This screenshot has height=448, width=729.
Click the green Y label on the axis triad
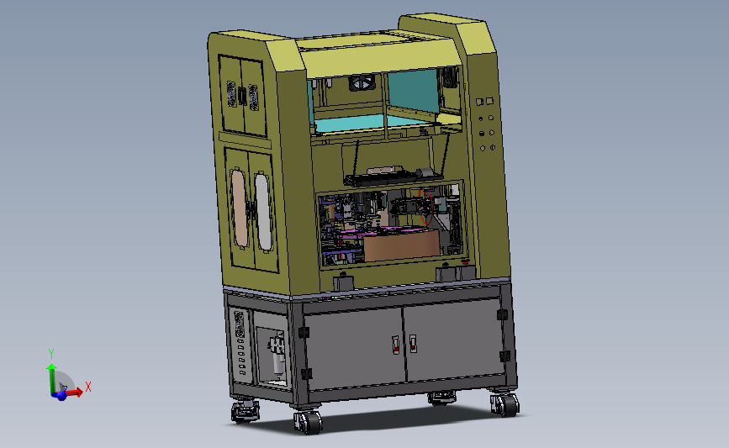point(51,354)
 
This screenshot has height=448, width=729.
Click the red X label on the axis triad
point(88,387)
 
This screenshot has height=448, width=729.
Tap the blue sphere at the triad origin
point(61,396)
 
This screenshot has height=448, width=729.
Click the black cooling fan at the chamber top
point(362,83)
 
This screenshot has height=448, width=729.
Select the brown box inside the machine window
point(402,245)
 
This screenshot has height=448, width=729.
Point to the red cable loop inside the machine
point(427,207)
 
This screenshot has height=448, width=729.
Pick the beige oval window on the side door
point(240,208)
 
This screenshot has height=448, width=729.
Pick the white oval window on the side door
point(263,212)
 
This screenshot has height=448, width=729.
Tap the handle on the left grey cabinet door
point(396,345)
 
